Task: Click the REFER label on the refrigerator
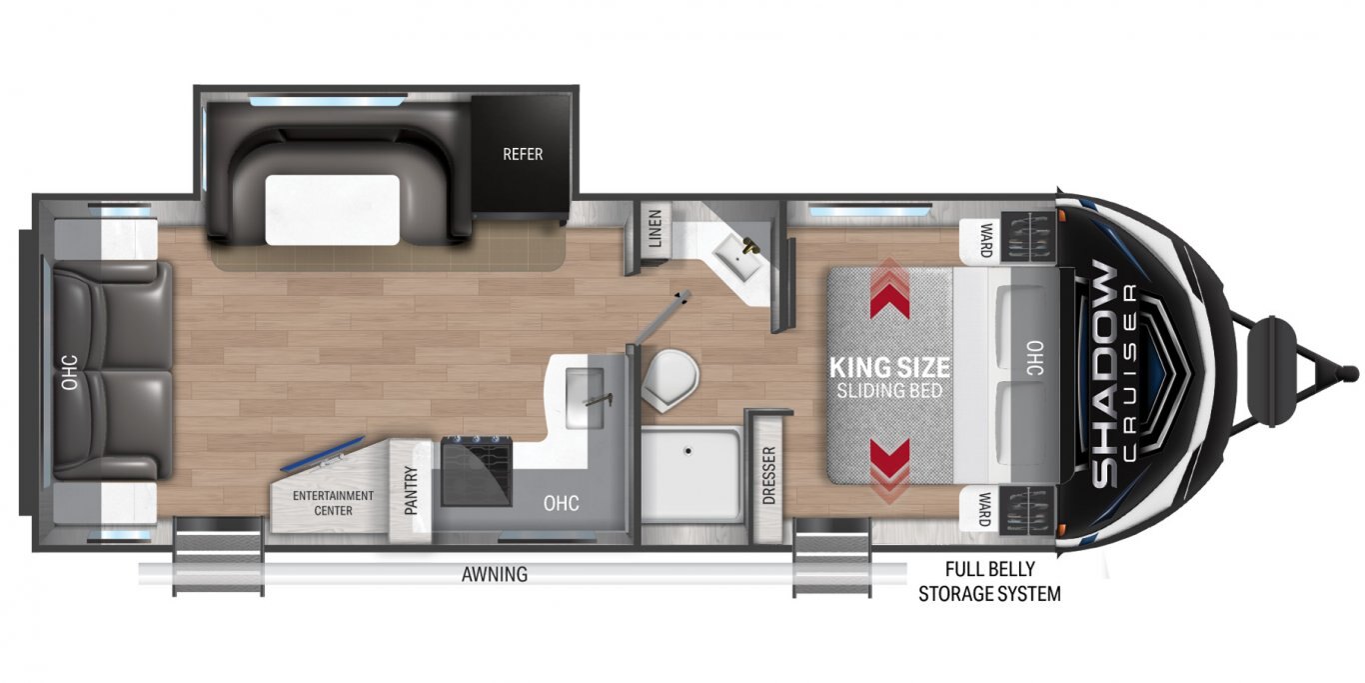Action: tap(523, 154)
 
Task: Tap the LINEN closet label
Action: tap(656, 228)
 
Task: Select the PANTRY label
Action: tap(411, 490)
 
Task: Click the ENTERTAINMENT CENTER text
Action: tap(333, 503)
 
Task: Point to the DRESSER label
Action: tap(768, 476)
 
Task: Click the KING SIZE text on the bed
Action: tap(889, 368)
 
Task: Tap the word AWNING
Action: tap(495, 574)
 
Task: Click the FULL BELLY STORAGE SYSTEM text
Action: tap(989, 581)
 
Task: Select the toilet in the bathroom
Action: tap(670, 379)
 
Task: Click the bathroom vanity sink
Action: tap(738, 256)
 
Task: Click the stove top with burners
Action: tap(477, 471)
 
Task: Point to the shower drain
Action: tap(687, 451)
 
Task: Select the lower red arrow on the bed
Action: tap(889, 471)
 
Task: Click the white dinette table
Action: tap(332, 210)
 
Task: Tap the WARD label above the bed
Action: tap(985, 240)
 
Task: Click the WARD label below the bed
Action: tap(985, 510)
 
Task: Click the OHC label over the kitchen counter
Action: tap(561, 503)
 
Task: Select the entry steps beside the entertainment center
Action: tap(218, 556)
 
